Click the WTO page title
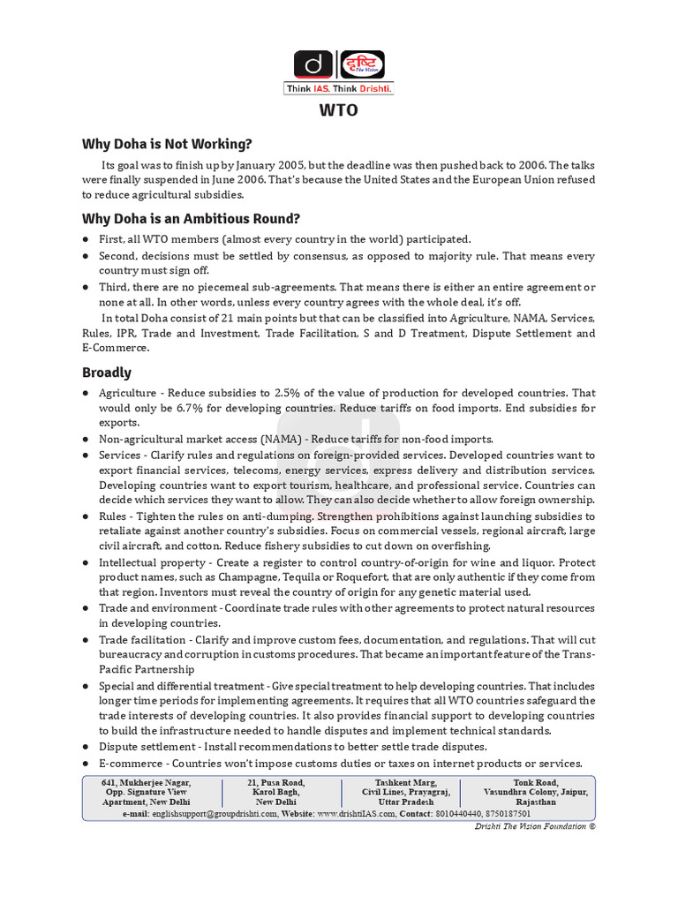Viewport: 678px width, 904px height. coord(338,112)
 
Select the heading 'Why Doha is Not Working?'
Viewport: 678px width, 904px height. coord(167,144)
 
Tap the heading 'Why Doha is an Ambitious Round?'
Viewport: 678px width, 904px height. coord(192,218)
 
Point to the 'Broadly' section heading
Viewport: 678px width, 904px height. coord(107,373)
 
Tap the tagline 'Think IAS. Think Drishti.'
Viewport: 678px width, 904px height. coord(339,89)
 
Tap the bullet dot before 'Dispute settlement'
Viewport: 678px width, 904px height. coord(86,747)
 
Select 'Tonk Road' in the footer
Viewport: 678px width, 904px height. coord(536,782)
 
